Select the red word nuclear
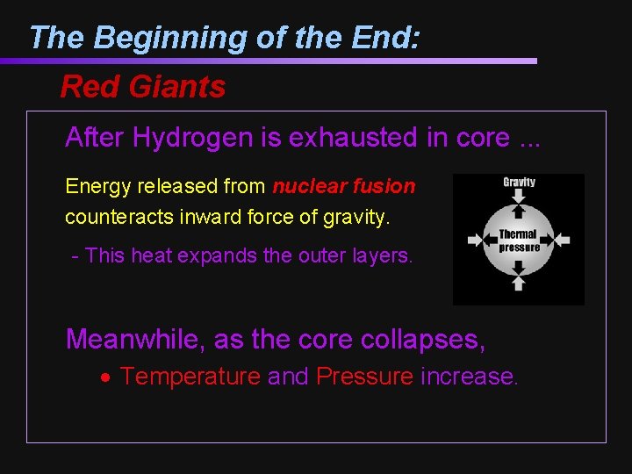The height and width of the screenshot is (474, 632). (x=306, y=186)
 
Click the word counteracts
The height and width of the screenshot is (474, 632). (x=115, y=216)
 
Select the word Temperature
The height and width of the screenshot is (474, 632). (x=190, y=377)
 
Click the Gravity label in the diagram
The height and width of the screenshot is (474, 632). (x=519, y=183)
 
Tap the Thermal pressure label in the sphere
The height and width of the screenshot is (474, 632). (x=519, y=241)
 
